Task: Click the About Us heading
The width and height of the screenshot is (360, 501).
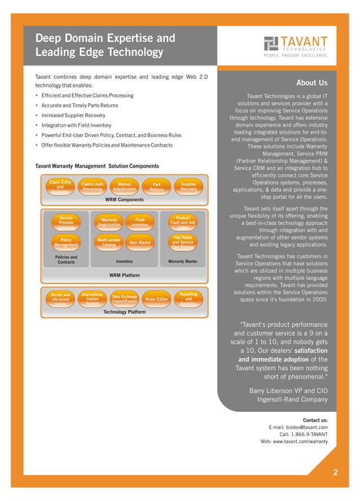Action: [x=311, y=83]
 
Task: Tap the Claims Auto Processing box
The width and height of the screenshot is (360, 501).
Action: [x=92, y=187]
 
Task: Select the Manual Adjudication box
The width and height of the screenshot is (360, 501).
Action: [x=125, y=187]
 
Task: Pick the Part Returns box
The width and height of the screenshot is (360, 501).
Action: [x=156, y=187]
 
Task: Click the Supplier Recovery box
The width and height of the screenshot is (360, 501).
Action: [x=188, y=187]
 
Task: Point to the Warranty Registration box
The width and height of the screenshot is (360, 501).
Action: [x=109, y=222]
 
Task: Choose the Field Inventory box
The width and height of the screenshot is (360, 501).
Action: [x=140, y=222]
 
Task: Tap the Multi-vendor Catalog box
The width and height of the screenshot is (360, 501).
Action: [x=109, y=243]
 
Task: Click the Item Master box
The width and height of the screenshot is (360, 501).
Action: [x=140, y=243]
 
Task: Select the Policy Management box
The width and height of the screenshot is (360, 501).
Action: [x=66, y=243]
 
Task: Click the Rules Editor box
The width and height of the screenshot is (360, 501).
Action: [x=156, y=299]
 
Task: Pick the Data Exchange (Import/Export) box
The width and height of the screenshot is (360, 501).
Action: [x=125, y=299]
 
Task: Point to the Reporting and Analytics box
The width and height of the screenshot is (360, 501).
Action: [x=188, y=299]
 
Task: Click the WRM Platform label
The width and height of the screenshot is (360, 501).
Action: [x=124, y=275]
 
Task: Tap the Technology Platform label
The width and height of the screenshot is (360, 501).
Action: [x=124, y=312]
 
